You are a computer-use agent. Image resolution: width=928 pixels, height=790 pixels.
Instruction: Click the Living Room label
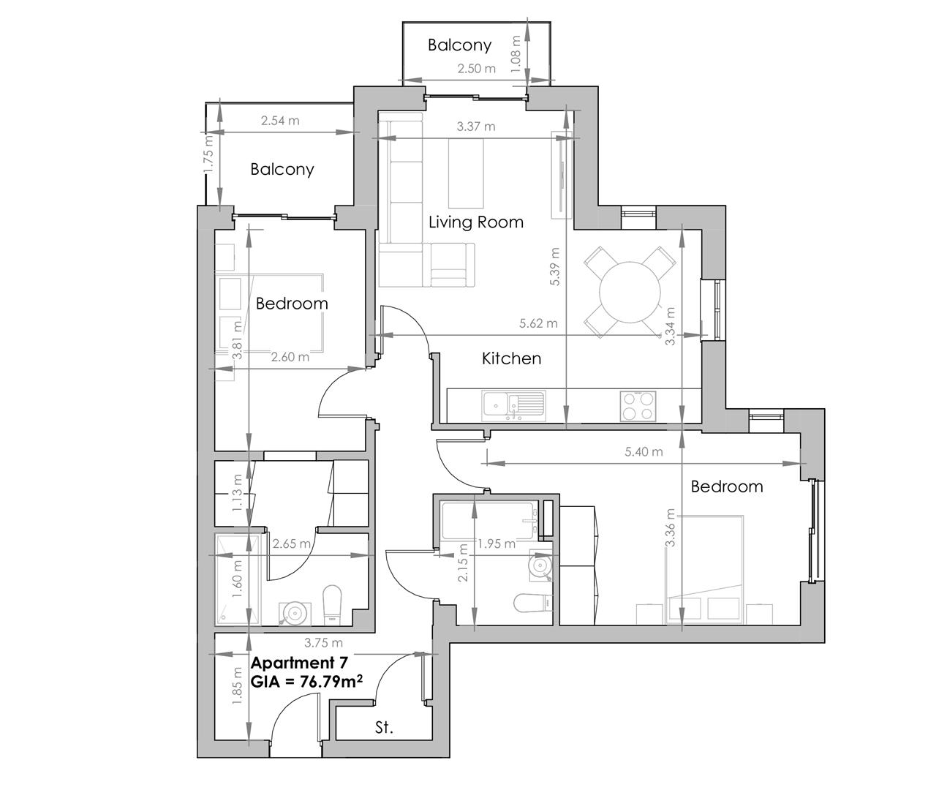[475, 222]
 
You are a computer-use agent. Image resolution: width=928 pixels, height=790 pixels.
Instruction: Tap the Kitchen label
[511, 358]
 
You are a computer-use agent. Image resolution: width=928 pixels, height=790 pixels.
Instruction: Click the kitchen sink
[512, 405]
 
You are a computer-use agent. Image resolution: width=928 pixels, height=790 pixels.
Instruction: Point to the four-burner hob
[638, 405]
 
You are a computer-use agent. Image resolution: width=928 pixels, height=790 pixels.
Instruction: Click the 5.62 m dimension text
[537, 323]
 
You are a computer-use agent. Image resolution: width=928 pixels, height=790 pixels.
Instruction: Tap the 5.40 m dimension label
[644, 451]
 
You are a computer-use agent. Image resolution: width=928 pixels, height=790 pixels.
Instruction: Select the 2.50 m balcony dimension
[476, 69]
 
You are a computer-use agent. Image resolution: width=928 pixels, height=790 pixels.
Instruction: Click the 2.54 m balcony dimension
[279, 121]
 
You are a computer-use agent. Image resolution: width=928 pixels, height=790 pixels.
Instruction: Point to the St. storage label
[384, 728]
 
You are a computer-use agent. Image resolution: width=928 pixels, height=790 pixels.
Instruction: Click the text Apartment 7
[299, 663]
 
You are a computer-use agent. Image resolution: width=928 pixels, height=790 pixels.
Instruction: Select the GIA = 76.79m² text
[307, 682]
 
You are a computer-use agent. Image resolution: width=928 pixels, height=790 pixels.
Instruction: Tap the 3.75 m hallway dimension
[323, 643]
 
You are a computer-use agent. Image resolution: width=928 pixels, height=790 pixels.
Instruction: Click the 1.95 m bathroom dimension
[496, 543]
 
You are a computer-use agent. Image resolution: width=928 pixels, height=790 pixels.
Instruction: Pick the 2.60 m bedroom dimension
[290, 357]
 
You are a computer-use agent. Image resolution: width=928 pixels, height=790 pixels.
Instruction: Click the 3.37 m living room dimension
[475, 127]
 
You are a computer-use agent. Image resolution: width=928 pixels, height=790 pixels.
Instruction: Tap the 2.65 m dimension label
[291, 543]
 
